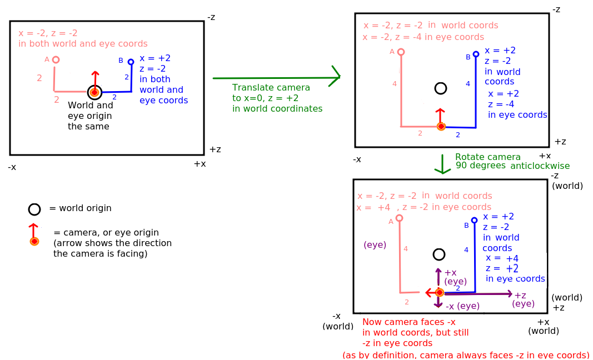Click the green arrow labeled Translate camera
click(276, 78)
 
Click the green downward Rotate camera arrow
click(442, 164)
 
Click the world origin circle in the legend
click(34, 209)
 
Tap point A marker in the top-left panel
click(56, 59)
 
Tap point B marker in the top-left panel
click(131, 62)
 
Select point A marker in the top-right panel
click(401, 52)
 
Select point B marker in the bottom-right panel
click(474, 220)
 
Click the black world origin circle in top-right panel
click(441, 88)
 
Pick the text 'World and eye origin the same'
click(90, 116)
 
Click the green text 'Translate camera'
click(271, 88)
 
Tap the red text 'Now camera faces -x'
click(408, 322)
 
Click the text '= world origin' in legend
click(80, 208)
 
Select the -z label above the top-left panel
click(211, 17)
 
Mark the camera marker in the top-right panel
click(441, 126)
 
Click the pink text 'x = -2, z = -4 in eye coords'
click(423, 37)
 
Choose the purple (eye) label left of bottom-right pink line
click(375, 244)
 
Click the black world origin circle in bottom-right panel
click(439, 254)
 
